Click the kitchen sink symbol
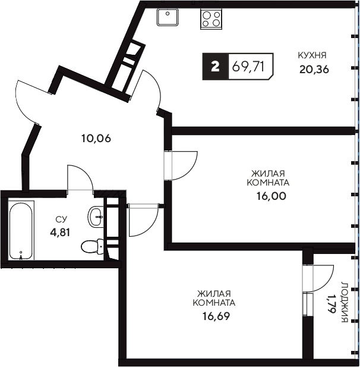pos(168,17)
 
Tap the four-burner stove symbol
pos(211,19)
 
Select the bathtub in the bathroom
pos(21,230)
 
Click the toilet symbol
pos(93,246)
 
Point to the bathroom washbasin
pos(96,217)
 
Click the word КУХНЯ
pos(312,55)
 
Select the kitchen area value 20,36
pos(314,70)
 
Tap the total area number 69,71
pos(248,67)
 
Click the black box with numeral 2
pos(215,67)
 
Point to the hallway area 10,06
pos(96,139)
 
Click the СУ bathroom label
pos(61,219)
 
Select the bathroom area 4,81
pos(60,233)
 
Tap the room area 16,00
pos(271,196)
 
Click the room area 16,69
pos(216,316)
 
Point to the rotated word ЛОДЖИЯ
pos(345,302)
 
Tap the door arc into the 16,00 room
pos(191,170)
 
